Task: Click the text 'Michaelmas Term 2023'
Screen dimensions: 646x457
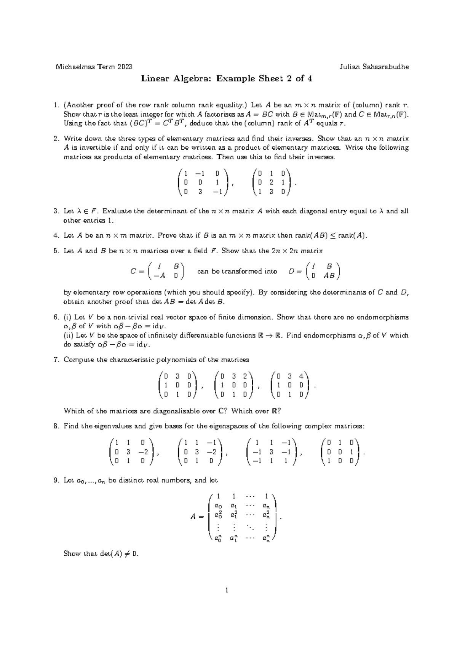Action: [94, 67]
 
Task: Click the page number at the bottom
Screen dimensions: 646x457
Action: [227, 601]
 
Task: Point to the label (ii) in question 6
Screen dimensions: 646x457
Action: [69, 336]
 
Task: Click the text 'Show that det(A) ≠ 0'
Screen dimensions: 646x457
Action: [101, 554]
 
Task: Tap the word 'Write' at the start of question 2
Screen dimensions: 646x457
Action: [72, 139]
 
